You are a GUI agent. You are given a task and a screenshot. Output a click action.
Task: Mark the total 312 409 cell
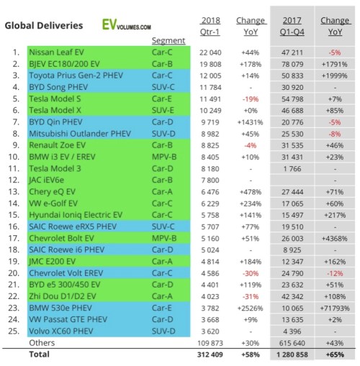tap(208, 354)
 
